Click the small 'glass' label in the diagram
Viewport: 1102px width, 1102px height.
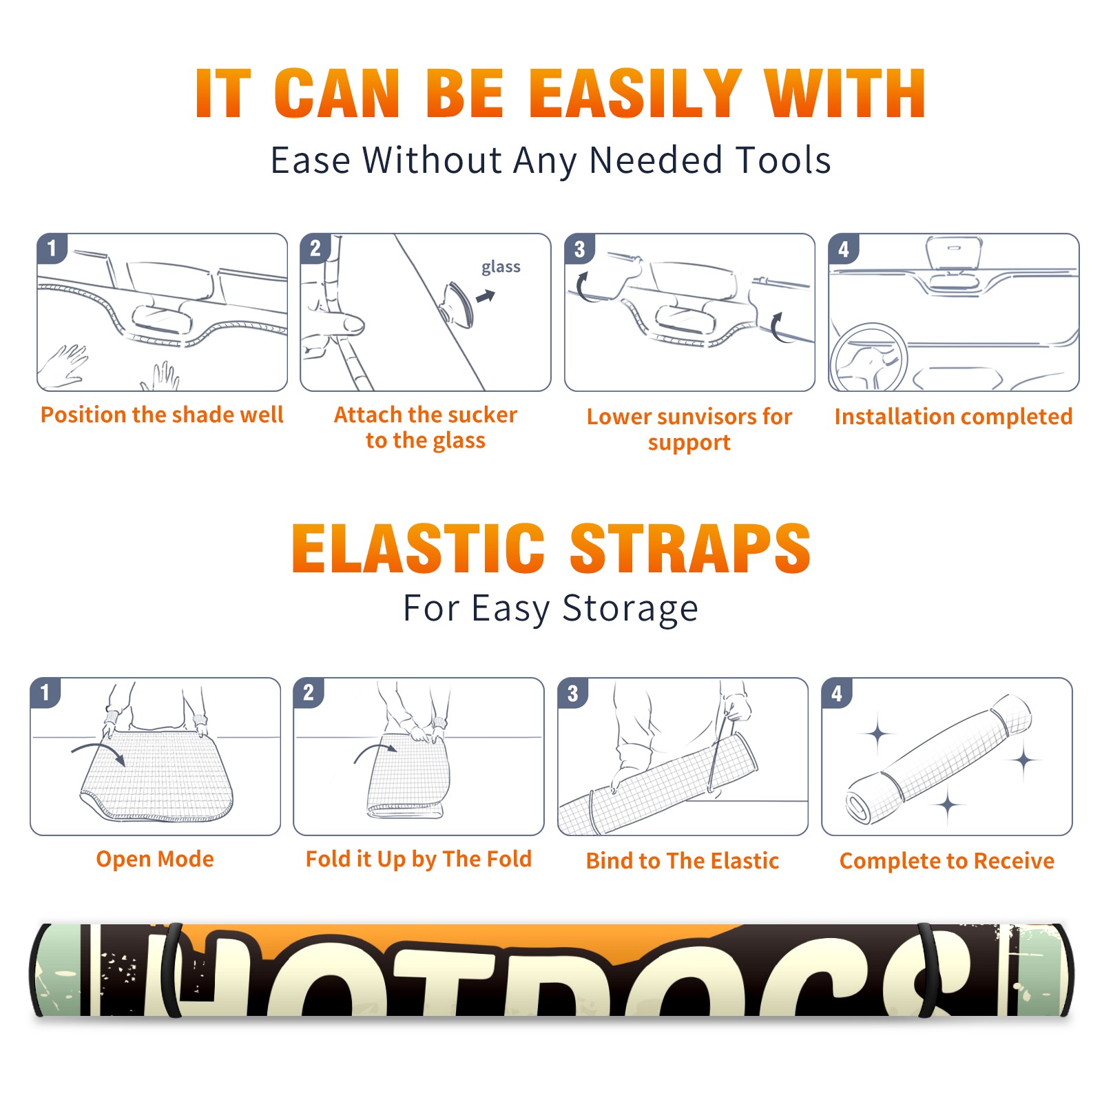tap(501, 267)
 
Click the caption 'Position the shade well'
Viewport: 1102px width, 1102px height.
tap(162, 415)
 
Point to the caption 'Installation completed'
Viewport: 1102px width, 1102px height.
tap(953, 416)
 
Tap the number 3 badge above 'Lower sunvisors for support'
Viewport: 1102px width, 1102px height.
tap(579, 249)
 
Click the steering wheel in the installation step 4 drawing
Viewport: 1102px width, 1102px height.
tap(869, 358)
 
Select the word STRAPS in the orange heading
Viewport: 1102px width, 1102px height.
tap(690, 548)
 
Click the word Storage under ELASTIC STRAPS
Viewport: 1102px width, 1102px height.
tap(630, 609)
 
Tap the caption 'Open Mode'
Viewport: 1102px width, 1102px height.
tap(155, 859)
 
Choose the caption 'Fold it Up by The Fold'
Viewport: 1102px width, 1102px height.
tap(419, 859)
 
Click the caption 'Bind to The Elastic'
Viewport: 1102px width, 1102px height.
tap(683, 861)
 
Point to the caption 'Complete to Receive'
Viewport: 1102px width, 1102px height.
tap(947, 861)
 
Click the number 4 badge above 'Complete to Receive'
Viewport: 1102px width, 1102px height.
tap(837, 693)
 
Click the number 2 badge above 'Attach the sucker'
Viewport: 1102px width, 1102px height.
tap(315, 249)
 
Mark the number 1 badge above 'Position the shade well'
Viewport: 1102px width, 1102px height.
tap(52, 249)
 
